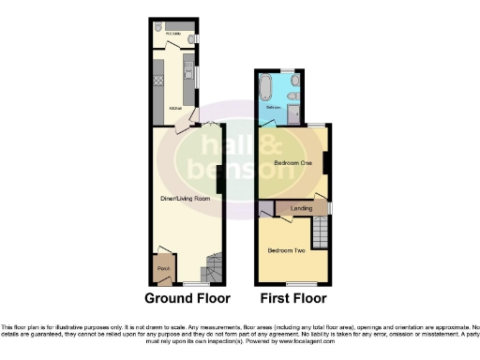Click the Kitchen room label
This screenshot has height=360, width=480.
[x=175, y=110]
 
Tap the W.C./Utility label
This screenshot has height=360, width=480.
[x=173, y=34]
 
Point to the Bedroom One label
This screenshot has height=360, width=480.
[x=292, y=163]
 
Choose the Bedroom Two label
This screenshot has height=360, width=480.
[x=283, y=250]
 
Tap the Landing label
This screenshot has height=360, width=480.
[x=302, y=207]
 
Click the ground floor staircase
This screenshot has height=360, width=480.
[x=214, y=269]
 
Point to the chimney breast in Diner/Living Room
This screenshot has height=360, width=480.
[x=218, y=176]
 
